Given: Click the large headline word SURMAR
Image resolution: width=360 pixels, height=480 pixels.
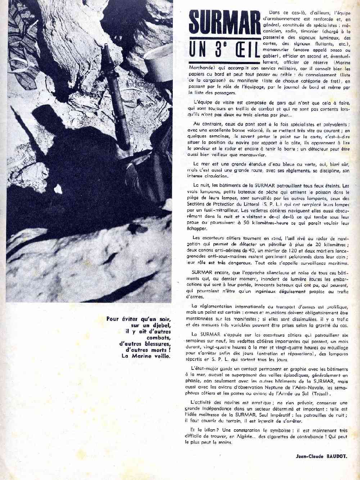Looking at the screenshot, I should (225, 23).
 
